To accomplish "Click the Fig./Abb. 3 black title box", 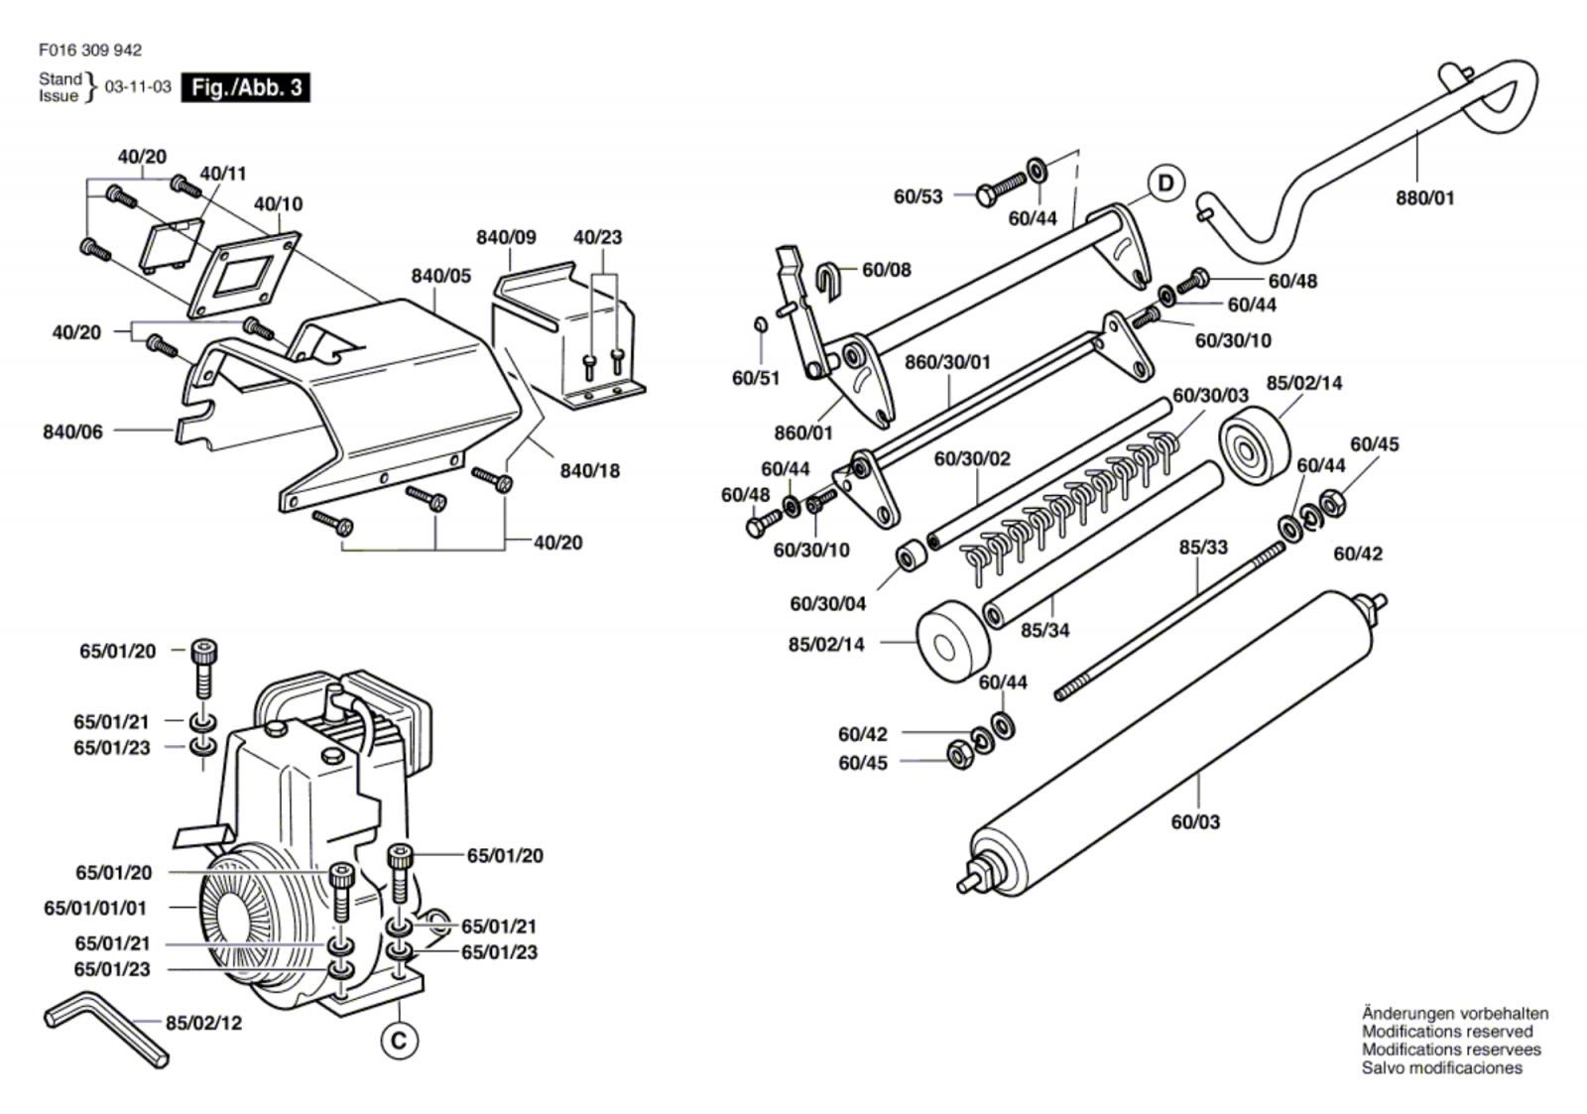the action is (x=245, y=87).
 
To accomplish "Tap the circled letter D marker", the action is (x=1165, y=184).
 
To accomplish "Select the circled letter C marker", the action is (x=399, y=1041).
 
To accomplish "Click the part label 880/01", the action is (x=1424, y=197).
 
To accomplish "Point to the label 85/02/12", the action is (x=203, y=1023).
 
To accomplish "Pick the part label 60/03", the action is (x=1195, y=822).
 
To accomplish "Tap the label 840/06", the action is (x=72, y=432).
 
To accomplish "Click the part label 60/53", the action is (x=918, y=196).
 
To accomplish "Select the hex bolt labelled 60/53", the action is (x=1001, y=187).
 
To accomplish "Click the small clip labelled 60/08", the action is (x=827, y=277).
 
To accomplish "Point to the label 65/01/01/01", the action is (x=95, y=908).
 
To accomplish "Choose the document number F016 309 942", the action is (x=90, y=51).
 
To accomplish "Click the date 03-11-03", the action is (x=138, y=86).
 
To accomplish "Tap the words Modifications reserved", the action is (x=1447, y=1031).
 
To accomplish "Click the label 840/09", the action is (x=506, y=237).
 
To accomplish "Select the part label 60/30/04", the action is (x=827, y=604).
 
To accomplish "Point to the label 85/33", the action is (x=1203, y=547).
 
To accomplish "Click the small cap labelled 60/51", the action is (x=760, y=324).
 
